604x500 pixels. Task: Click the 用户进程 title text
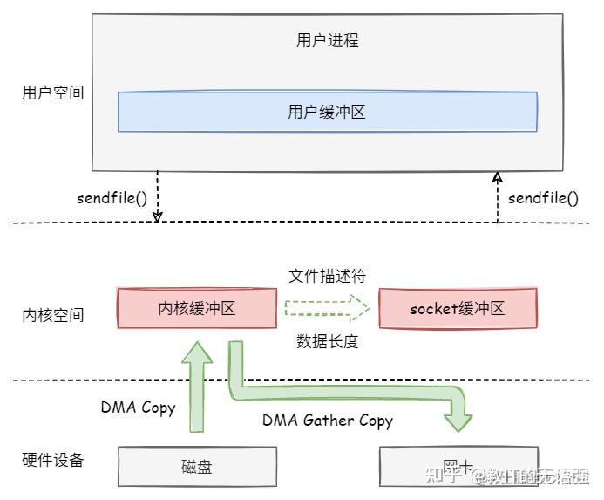pos(327,41)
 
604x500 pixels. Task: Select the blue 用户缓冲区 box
pos(327,112)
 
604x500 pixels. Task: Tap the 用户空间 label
pos(53,92)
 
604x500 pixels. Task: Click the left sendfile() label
pos(112,197)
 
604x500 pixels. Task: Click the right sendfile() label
pos(543,197)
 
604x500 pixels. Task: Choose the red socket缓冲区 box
pos(457,308)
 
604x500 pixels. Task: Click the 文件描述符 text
pos(327,276)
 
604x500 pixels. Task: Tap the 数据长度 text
pos(327,342)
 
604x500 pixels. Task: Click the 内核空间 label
pos(53,315)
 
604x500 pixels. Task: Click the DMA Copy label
pos(138,408)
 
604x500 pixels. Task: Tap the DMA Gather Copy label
pos(328,421)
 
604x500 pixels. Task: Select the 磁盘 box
pos(197,467)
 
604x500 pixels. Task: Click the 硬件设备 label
pos(53,460)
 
